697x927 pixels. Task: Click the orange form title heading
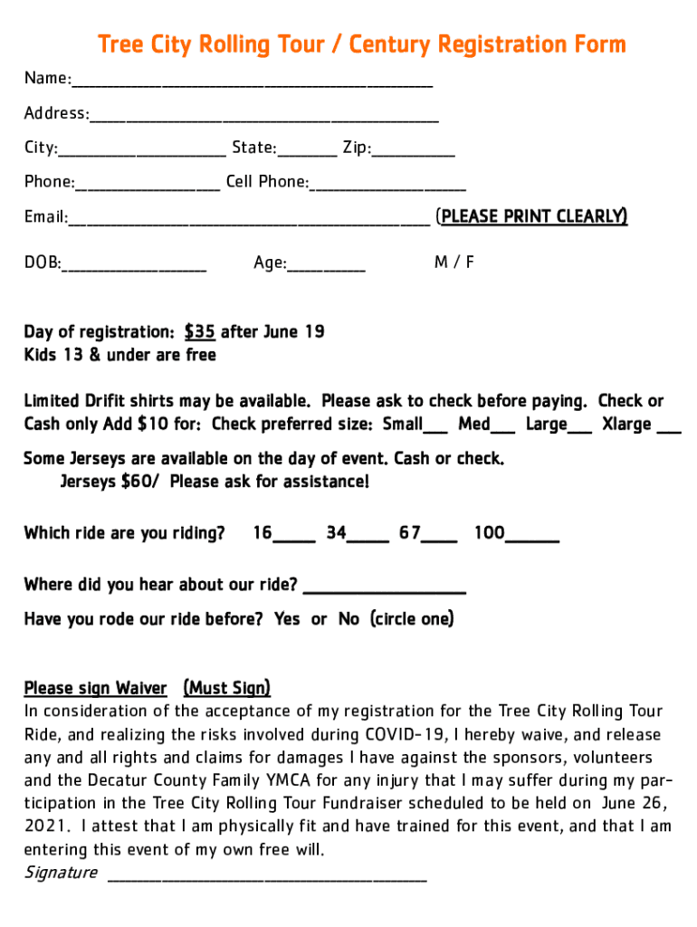coord(361,44)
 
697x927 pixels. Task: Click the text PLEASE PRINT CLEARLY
coord(531,216)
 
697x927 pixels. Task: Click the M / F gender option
coord(454,263)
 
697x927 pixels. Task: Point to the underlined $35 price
coord(199,331)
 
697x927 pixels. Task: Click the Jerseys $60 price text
coord(110,482)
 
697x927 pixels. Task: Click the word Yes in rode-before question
coord(287,619)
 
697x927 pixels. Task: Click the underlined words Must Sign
coord(226,688)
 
